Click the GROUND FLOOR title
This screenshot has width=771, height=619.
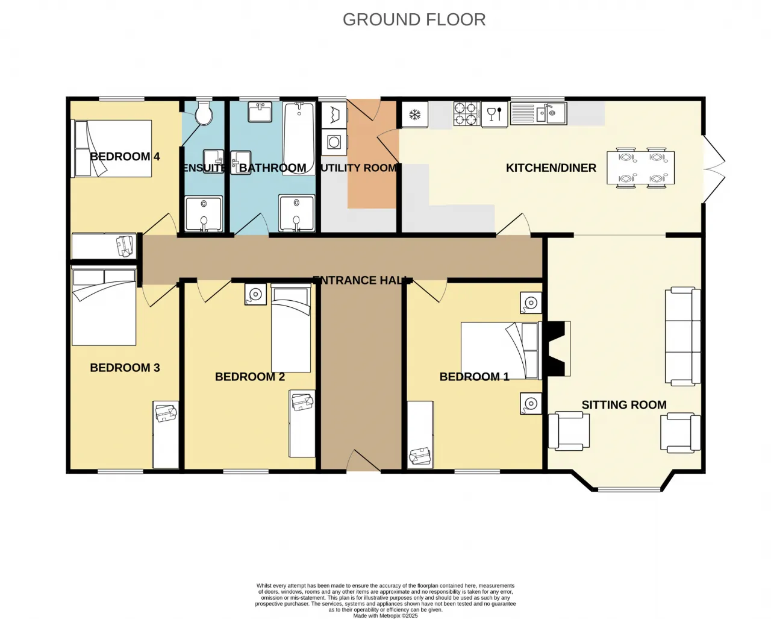pos(414,20)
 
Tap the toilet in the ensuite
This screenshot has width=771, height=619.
pos(204,113)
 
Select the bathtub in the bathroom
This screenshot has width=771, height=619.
pos(299,138)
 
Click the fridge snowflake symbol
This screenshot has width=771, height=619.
pos(415,115)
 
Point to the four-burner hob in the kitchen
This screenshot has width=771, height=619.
pos(467,114)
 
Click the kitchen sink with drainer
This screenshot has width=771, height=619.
pos(538,113)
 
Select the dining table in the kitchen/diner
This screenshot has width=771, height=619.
pos(640,168)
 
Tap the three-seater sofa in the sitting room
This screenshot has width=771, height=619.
pos(683,336)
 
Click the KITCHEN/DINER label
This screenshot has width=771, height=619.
pos(551,168)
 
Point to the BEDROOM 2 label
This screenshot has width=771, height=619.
pos(250,377)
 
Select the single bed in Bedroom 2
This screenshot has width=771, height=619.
pos(291,328)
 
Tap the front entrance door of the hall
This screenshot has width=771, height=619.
pos(363,461)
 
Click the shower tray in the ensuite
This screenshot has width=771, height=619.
pos(204,214)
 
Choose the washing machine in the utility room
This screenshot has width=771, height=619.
pos(334,142)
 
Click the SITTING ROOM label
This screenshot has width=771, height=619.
pos(624,405)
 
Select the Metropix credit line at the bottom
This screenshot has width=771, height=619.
pos(385,616)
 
